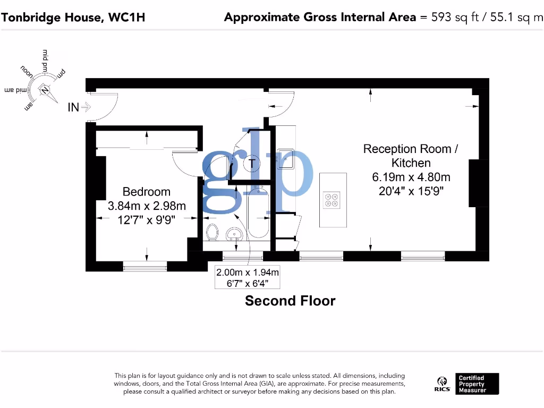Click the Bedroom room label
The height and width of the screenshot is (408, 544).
[147, 192]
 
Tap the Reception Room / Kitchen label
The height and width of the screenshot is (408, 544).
[410, 156]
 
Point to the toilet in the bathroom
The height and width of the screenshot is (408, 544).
[212, 233]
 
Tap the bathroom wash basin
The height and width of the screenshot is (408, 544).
[234, 234]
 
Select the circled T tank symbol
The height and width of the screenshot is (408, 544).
[252, 164]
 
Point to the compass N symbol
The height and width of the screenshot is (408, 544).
[45, 90]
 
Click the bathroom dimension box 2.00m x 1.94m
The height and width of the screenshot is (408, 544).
[247, 277]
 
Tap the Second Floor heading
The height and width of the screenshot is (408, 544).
[290, 301]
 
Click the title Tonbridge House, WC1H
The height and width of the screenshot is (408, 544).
[73, 17]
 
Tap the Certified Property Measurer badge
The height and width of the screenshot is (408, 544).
[478, 384]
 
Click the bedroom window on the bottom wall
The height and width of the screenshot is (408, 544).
[145, 266]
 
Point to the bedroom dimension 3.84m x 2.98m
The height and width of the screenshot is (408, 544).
[147, 206]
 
